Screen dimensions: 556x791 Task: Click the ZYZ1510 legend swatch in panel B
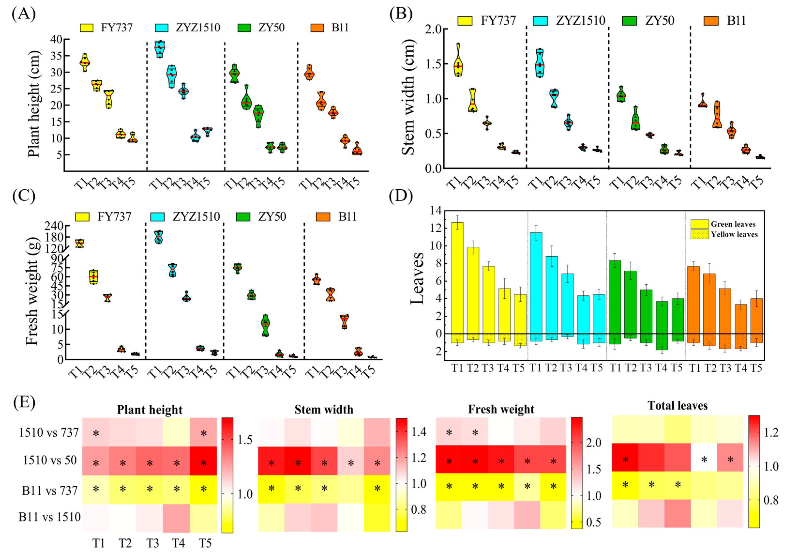(543, 21)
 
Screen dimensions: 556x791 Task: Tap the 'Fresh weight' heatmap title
(501, 409)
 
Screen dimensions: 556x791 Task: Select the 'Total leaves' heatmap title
(677, 406)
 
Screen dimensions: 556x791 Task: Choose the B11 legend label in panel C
(347, 217)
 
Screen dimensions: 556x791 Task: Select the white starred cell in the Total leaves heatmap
(704, 460)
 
